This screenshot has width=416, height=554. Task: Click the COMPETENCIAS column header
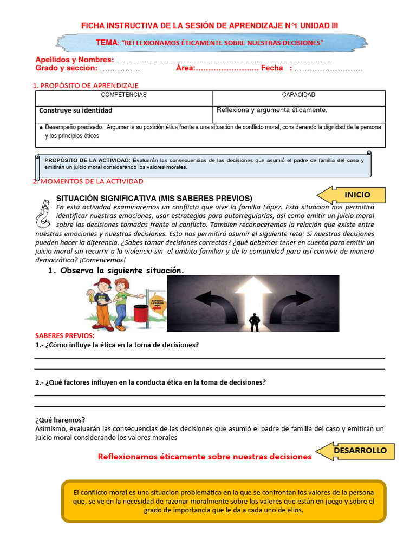124,95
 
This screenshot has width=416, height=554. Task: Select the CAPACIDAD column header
298,95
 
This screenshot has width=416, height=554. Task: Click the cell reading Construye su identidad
76,110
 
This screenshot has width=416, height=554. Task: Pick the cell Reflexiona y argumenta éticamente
272,110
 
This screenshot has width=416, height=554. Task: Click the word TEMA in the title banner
107,42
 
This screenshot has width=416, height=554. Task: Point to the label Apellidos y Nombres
74,60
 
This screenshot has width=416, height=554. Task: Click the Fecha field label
272,68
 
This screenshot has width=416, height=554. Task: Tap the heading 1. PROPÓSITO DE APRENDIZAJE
86,85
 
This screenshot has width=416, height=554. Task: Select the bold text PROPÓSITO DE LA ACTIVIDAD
87,160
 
